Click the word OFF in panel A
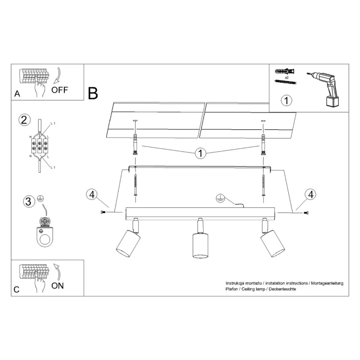59,89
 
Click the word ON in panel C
58,286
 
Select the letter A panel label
17,94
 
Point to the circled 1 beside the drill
286,99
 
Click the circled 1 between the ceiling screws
200,153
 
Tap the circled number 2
24,119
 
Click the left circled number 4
92,195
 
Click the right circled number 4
311,195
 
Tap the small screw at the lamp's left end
102,212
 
